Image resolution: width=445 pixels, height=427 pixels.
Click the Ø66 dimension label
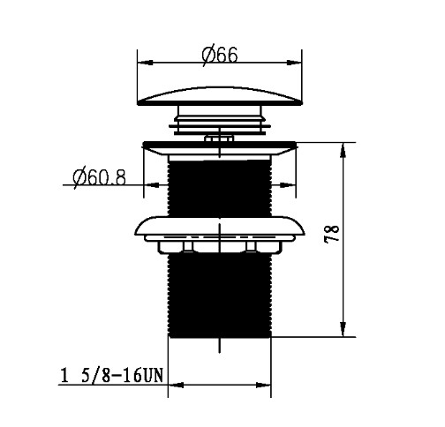(220, 55)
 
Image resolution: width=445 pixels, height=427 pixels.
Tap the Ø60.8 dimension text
(100, 177)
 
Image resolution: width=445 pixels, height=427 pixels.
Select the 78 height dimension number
(332, 234)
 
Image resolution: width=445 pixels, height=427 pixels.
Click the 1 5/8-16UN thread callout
(111, 376)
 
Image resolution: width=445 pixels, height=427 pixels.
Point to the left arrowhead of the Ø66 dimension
(146, 63)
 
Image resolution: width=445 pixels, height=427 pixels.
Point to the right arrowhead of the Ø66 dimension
(294, 63)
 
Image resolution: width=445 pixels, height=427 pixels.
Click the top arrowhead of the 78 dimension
(343, 151)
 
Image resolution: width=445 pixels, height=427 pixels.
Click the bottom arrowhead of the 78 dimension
(343, 329)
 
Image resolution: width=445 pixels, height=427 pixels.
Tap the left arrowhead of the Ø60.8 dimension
(151, 185)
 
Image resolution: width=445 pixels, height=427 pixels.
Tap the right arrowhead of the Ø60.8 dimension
(288, 185)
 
